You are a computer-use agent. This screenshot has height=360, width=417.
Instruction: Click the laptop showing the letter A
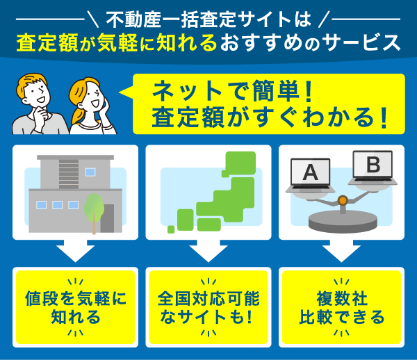(x=310, y=174)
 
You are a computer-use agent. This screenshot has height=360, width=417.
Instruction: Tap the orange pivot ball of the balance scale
(x=342, y=202)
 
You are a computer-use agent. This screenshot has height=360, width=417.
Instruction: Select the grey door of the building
(x=107, y=218)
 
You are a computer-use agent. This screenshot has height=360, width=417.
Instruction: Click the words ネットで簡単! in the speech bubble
(x=229, y=91)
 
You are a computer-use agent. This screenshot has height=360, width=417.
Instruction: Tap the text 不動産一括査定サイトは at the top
(x=208, y=16)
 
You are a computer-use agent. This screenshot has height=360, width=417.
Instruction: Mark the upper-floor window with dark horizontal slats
(x=69, y=170)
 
